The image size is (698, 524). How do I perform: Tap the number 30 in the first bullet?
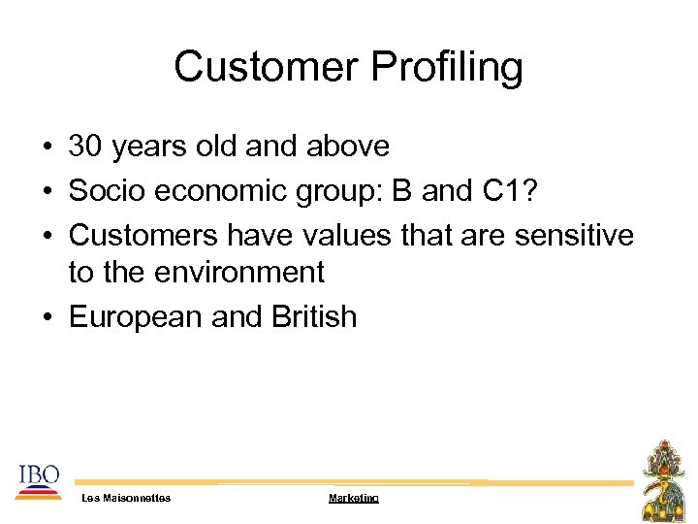(84, 147)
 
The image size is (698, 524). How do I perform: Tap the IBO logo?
(38, 481)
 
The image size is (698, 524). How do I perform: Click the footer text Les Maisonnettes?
(126, 498)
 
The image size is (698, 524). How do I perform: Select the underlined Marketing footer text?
(353, 498)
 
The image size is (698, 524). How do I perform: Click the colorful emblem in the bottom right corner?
(665, 479)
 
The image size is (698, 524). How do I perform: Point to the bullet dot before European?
(47, 317)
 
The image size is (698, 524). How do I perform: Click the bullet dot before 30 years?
(47, 147)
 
